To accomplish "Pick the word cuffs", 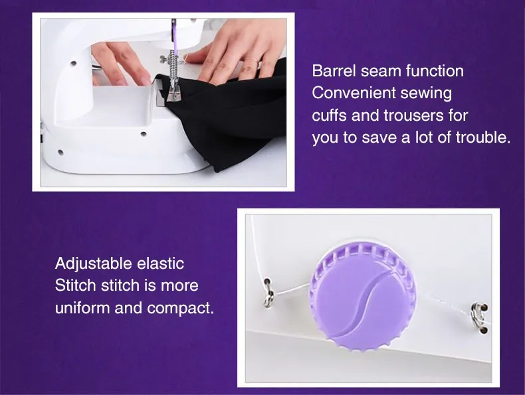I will tap(329, 116).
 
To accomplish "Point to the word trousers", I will tap(414, 116).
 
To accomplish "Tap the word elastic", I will tap(160, 264).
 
